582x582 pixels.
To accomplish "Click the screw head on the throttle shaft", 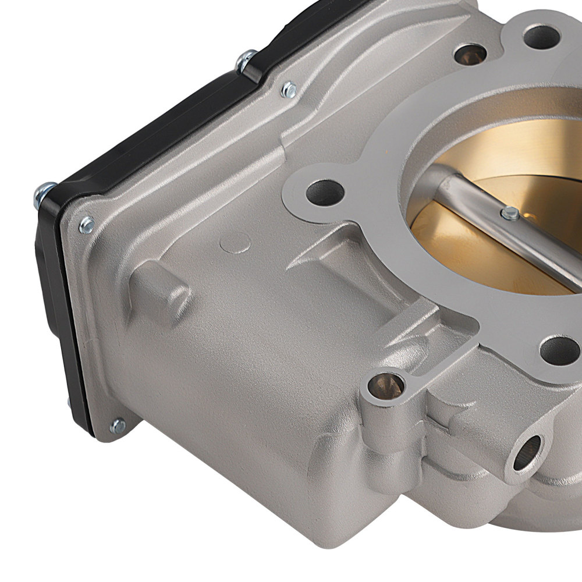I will point(510,214).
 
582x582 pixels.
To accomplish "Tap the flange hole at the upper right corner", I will point(541,37).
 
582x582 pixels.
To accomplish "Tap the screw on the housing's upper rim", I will point(288,90).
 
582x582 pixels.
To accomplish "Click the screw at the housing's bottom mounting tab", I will point(118,427).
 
